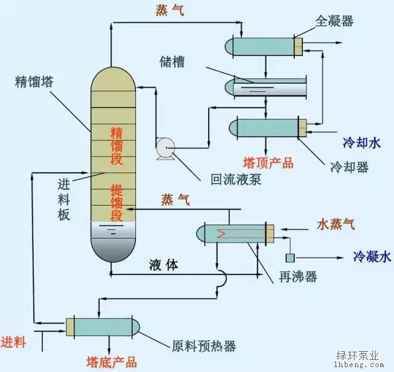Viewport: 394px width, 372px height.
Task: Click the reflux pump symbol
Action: click(166, 148)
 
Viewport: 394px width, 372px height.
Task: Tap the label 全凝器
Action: click(334, 21)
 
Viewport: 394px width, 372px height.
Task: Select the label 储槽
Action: click(172, 61)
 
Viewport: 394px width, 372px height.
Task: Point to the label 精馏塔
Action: click(34, 82)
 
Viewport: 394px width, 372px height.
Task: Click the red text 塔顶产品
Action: click(268, 163)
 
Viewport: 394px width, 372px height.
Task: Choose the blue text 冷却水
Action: click(362, 143)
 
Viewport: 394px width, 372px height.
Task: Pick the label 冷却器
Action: click(349, 167)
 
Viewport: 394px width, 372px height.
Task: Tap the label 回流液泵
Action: click(236, 179)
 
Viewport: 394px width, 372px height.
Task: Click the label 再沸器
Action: click(298, 277)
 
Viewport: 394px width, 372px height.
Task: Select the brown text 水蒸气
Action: click(336, 224)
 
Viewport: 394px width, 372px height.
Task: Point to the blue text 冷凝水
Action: click(372, 256)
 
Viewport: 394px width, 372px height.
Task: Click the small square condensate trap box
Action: click(290, 258)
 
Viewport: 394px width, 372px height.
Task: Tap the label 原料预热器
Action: click(204, 346)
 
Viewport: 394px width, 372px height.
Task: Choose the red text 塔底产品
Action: click(111, 362)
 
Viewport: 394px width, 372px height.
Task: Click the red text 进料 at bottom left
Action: click(14, 342)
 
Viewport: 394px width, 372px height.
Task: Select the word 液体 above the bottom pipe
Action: click(164, 265)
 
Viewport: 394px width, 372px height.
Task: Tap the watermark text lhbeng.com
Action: click(360, 365)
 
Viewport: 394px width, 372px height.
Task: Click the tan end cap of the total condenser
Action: click(298, 47)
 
